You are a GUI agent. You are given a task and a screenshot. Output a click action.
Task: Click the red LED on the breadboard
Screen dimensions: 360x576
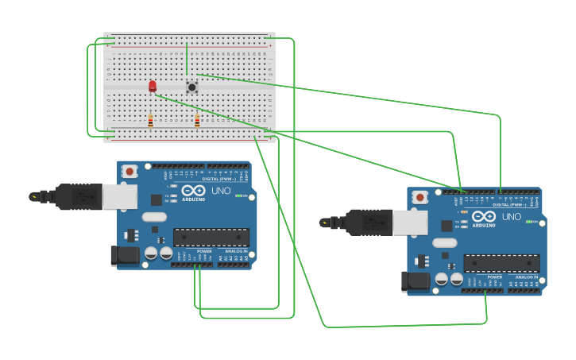[153, 85]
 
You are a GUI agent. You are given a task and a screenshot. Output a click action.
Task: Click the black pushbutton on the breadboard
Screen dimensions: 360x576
[191, 87]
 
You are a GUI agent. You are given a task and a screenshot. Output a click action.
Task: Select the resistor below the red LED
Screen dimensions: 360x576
[150, 121]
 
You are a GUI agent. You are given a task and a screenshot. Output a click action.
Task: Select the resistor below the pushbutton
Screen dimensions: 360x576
[197, 121]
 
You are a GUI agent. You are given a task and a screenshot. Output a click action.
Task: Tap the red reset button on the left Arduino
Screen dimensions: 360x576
[130, 170]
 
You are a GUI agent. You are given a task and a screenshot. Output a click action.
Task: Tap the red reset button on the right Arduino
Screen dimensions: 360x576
[419, 197]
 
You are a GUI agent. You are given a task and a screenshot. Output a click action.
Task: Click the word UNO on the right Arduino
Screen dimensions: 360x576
[511, 217]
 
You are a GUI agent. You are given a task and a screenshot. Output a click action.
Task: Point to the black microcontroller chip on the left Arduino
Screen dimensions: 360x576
[211, 238]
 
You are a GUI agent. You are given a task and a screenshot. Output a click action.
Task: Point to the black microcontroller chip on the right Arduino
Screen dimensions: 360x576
[501, 264]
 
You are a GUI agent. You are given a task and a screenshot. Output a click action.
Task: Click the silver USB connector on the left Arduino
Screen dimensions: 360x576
[119, 196]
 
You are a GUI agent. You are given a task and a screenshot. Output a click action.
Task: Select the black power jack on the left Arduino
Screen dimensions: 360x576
[124, 255]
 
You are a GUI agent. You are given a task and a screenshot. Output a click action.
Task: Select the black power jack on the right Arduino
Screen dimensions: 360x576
[414, 281]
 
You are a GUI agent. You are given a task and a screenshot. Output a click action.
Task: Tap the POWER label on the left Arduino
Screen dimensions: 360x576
[204, 250]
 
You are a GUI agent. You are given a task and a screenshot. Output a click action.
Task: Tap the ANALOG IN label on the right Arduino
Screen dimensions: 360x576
[526, 277]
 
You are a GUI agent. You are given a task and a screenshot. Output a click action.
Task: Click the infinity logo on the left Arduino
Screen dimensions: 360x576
[193, 191]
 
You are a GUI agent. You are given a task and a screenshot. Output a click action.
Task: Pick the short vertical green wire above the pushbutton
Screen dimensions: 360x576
[187, 59]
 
